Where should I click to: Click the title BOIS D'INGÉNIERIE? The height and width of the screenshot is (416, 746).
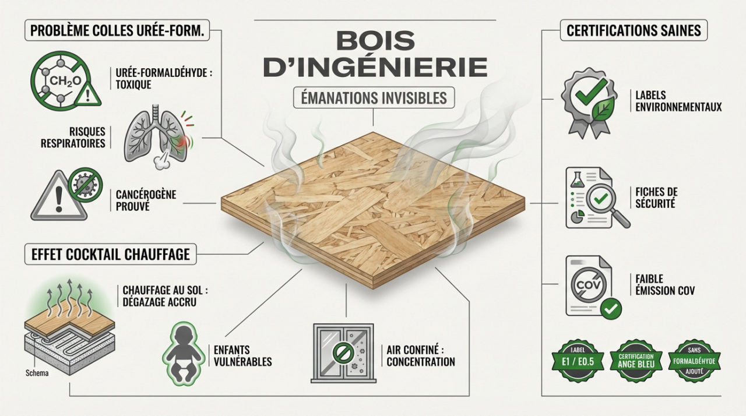click(375, 55)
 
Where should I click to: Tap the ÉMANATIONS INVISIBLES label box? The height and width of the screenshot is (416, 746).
click(374, 97)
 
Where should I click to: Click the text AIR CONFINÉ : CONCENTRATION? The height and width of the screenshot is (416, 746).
click(420, 355)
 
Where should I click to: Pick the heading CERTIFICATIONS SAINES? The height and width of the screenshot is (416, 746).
click(634, 30)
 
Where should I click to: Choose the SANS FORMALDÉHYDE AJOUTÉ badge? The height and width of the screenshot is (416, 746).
click(694, 361)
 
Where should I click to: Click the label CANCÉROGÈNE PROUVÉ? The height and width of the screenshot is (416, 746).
click(138, 200)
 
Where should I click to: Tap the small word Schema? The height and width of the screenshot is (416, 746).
click(38, 373)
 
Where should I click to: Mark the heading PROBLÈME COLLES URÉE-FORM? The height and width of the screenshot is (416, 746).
click(117, 31)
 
